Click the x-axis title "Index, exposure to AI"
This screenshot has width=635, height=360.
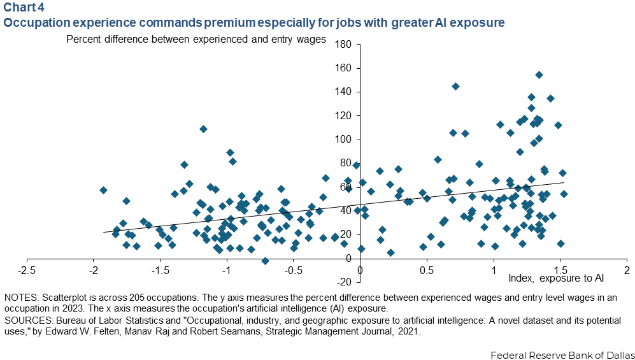[556, 278]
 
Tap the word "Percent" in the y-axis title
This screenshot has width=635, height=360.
[83, 39]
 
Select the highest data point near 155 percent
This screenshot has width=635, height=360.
[539, 75]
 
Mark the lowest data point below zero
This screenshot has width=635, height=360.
[265, 261]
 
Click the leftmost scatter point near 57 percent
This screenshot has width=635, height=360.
[103, 190]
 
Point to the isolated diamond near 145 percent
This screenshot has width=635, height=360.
[455, 86]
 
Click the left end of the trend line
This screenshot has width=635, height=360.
[104, 232]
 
